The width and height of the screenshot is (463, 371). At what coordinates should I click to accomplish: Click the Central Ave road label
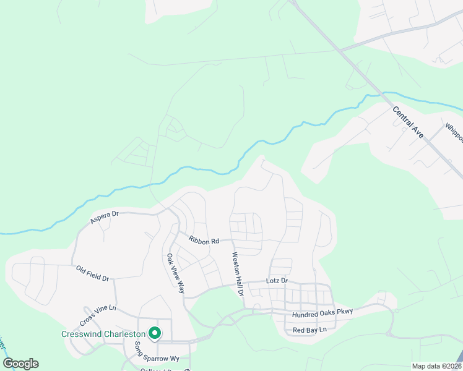(409, 122)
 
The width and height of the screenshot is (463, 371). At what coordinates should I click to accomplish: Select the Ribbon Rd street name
(204, 241)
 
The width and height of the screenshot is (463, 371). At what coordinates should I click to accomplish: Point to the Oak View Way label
(175, 273)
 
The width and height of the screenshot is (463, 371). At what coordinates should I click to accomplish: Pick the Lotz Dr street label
(277, 281)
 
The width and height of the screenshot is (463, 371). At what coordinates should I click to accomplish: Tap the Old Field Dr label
(92, 274)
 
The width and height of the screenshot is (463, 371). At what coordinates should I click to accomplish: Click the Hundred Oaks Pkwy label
(322, 313)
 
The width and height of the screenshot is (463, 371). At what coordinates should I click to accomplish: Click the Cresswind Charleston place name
(103, 335)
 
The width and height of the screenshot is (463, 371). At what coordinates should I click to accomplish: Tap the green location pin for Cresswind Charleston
(154, 333)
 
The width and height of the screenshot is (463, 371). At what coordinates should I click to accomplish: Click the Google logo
(20, 364)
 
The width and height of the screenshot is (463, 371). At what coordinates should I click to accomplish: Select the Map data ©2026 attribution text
(437, 366)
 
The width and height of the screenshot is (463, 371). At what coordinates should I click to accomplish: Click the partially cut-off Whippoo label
(454, 133)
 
